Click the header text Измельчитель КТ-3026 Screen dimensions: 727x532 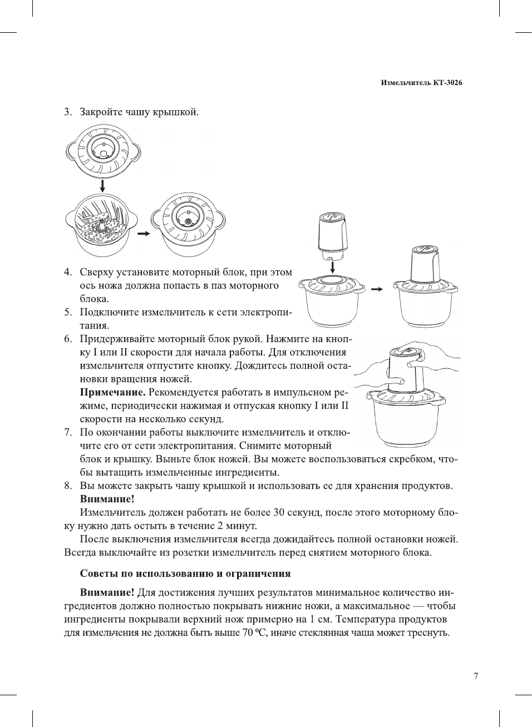421,83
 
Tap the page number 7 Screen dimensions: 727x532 475,676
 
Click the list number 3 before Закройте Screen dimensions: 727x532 67,112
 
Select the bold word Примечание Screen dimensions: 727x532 112,393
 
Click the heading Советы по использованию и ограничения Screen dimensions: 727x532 185,573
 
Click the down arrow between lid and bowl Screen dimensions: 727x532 102,185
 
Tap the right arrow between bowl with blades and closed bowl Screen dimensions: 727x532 144,234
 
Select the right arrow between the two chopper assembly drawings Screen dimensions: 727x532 377,289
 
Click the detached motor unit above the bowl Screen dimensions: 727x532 332,236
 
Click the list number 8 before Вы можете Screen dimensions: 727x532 67,486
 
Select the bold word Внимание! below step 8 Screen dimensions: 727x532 107,499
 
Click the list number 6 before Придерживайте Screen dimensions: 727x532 67,339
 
